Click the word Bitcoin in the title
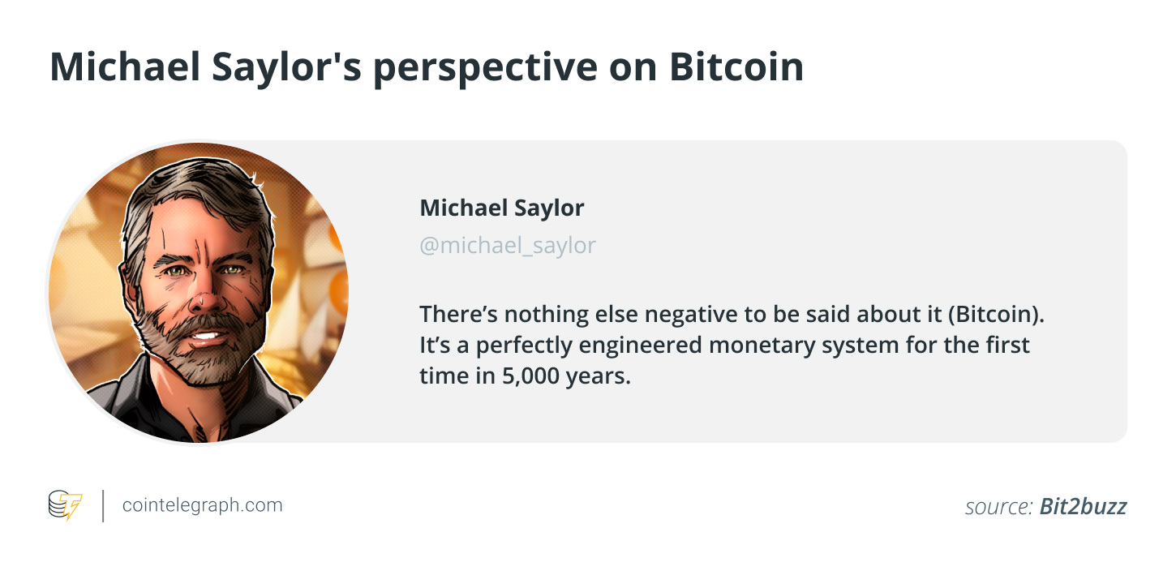click(736, 67)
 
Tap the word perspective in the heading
click(486, 69)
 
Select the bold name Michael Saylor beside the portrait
click(502, 208)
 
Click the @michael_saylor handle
click(508, 246)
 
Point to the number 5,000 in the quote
click(530, 376)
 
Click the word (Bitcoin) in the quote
click(996, 315)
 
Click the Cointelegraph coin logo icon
click(65, 504)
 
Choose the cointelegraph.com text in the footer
click(202, 505)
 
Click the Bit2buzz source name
click(1083, 506)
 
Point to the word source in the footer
click(998, 508)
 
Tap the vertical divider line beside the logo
click(103, 506)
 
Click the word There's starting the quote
click(458, 315)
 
